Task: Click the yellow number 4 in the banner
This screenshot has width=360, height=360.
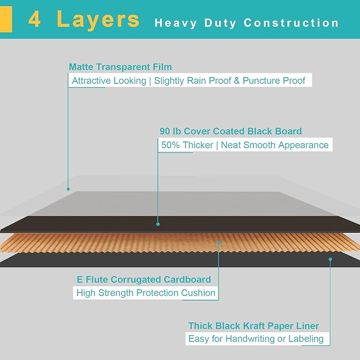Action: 34,19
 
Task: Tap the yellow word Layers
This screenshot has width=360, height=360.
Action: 98,20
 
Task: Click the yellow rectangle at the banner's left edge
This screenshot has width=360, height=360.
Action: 6,19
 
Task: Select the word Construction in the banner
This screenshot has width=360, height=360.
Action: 291,23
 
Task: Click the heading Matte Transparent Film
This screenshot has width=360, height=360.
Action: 120,67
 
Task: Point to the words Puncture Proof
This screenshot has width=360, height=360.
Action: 274,81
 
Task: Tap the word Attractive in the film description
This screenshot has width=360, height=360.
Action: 91,81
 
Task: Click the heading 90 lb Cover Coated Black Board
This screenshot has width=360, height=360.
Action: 231,131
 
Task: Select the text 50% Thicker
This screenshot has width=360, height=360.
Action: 187,145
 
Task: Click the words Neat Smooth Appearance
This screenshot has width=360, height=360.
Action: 275,145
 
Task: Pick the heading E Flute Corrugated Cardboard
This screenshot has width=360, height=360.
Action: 144,279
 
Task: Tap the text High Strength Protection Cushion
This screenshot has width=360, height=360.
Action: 146,293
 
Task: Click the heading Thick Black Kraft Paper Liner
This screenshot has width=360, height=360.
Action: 253,326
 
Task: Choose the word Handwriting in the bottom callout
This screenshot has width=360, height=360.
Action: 250,339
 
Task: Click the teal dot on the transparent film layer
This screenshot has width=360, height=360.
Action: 68,189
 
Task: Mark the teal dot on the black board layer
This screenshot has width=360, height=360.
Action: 158,224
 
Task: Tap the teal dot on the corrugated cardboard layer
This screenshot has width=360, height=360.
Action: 219,242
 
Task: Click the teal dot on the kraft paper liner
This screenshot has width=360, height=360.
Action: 330,259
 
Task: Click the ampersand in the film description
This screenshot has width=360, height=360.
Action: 236,81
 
